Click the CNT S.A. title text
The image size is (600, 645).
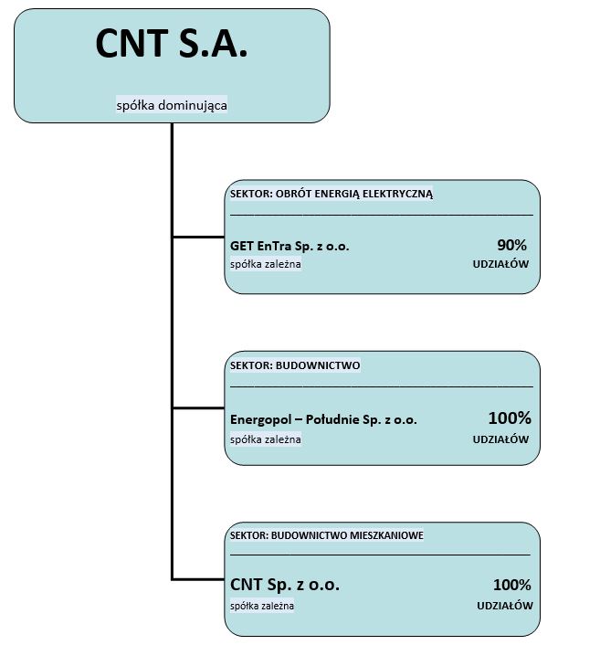tap(172, 43)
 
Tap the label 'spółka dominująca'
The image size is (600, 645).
tap(172, 105)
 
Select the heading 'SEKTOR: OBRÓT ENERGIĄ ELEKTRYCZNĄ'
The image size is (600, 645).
tap(331, 194)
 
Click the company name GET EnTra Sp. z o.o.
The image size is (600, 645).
tap(289, 246)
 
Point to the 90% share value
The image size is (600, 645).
tap(511, 245)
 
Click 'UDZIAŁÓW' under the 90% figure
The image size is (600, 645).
tap(500, 264)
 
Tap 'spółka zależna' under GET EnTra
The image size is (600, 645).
tap(265, 264)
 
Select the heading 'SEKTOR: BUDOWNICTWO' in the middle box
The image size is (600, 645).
tap(295, 365)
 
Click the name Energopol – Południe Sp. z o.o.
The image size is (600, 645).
tap(323, 419)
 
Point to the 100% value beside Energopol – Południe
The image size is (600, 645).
tap(510, 418)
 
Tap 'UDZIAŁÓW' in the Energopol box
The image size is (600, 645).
tap(500, 439)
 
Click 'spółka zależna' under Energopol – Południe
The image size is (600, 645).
tap(265, 439)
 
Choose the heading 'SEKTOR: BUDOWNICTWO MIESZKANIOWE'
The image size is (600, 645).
tap(327, 535)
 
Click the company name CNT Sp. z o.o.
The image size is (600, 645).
tap(285, 585)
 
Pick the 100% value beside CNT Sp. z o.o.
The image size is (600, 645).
tap(512, 585)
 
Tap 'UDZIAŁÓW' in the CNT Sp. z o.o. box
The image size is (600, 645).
tap(505, 606)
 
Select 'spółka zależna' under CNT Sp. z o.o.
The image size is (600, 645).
tap(262, 606)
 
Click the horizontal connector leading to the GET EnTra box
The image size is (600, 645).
tap(198, 237)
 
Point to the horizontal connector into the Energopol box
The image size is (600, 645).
tap(198, 408)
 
